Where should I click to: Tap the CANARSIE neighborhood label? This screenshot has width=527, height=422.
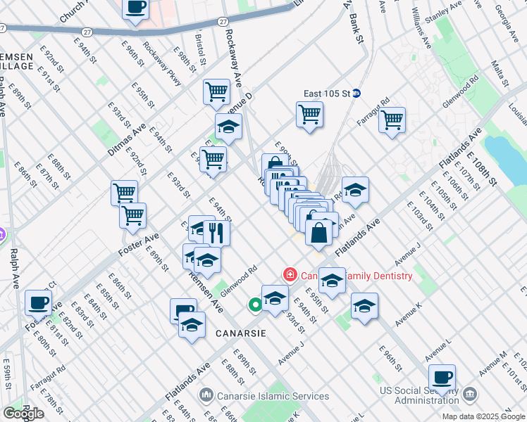[x=221, y=333]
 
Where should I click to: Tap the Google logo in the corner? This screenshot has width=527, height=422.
[x=23, y=414]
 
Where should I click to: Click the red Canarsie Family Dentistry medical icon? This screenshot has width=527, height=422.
[x=289, y=274]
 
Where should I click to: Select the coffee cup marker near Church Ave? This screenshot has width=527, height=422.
[x=136, y=7]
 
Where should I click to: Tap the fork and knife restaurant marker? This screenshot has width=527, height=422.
[x=217, y=232]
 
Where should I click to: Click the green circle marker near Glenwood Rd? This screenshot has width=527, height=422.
[x=254, y=305]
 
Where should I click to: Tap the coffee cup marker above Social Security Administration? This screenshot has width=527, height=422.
[x=442, y=377]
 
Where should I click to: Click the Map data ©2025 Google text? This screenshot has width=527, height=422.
[x=484, y=416]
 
